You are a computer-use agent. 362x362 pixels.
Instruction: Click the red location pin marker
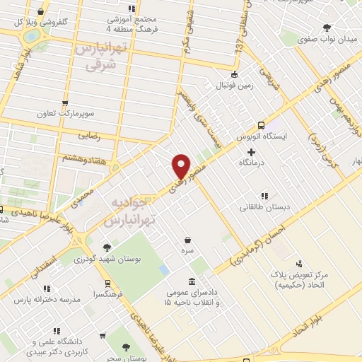pyautogui.click(x=182, y=165)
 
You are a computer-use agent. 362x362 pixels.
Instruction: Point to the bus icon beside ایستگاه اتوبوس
pyautogui.click(x=262, y=122)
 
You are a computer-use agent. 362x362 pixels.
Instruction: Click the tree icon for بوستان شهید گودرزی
pyautogui.click(x=107, y=247)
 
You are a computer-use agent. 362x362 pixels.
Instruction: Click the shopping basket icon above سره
pyautogui.click(x=187, y=240)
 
